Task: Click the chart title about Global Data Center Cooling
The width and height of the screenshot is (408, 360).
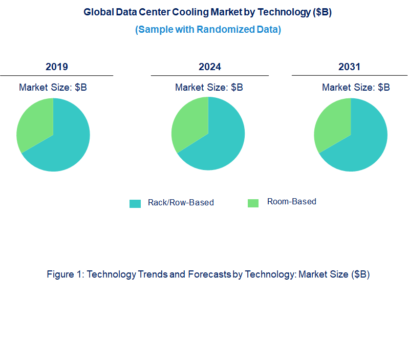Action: click(208, 13)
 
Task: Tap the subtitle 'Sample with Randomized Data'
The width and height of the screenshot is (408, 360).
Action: click(208, 29)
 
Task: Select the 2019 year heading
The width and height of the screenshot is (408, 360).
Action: click(56, 67)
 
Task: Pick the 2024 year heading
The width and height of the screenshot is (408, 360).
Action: click(210, 67)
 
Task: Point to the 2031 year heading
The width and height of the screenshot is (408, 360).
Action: click(349, 67)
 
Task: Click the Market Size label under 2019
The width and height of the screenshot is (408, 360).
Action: click(53, 87)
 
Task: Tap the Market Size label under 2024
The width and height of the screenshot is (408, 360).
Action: click(209, 87)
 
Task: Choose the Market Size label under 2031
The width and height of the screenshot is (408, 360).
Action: click(356, 87)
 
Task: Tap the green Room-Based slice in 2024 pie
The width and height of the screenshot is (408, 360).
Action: click(189, 123)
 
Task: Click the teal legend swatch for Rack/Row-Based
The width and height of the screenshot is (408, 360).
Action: click(135, 203)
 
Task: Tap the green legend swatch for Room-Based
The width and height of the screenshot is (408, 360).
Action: click(253, 203)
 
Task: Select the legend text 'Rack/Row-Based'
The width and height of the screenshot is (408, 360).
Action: click(181, 202)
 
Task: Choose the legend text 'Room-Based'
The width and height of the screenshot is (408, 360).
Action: click(292, 201)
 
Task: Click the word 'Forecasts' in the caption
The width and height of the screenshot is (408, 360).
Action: click(209, 274)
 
